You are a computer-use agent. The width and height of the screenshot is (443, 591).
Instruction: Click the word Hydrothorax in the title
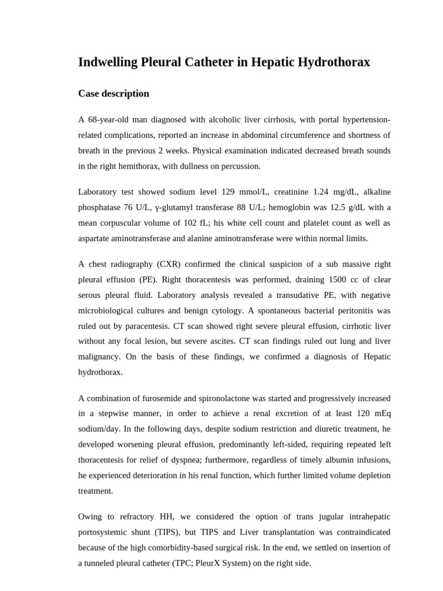pyautogui.click(x=331, y=63)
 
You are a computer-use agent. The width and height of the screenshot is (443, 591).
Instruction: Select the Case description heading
pyautogui.click(x=114, y=93)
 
